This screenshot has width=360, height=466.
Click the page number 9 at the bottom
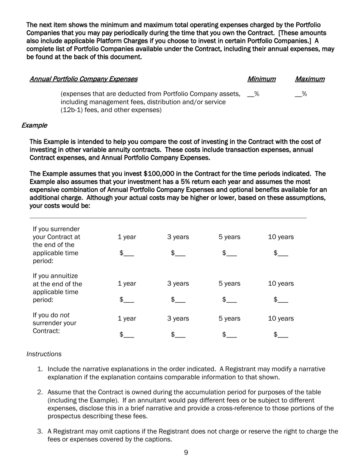pos(186,452)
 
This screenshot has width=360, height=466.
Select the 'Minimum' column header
pos(261,79)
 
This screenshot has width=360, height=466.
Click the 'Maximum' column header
pos(310,79)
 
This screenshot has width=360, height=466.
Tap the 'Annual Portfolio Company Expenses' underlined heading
pos(83,79)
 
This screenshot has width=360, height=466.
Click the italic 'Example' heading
pos(34,125)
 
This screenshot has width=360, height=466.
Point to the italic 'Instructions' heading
pos(44,354)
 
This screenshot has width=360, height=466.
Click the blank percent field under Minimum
pos(253,94)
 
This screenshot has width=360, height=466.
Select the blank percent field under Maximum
pos(301,94)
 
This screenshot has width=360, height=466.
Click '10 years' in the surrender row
pos(281,237)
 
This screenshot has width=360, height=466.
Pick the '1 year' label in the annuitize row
pos(127,283)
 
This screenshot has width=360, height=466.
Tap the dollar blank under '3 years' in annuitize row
pos(178,300)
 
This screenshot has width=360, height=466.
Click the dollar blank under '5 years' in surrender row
pos(229,253)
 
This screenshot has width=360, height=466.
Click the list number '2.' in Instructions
pos(40,392)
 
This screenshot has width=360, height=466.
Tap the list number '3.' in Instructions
pos(40,431)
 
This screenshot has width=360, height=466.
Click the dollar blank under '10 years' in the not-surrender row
pos(281,335)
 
